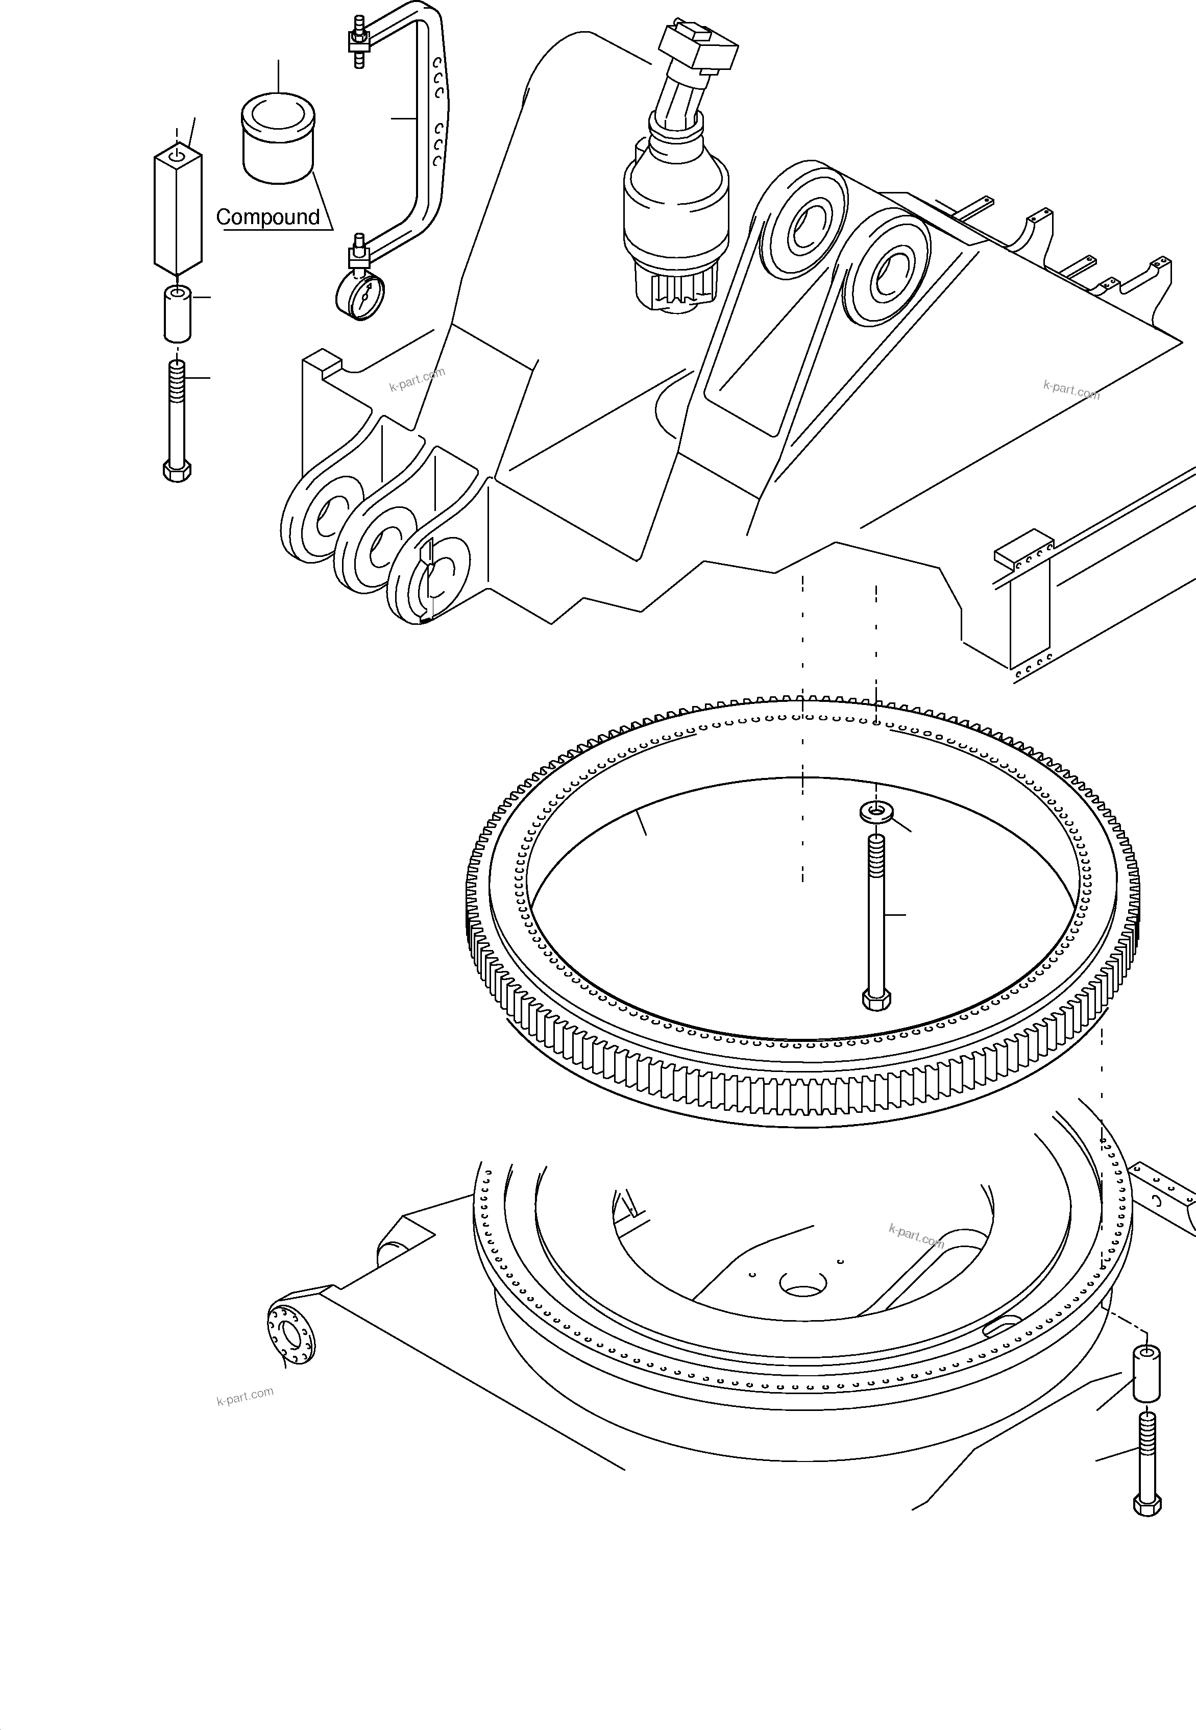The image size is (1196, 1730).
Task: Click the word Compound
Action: (x=267, y=217)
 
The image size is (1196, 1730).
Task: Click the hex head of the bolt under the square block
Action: (x=177, y=471)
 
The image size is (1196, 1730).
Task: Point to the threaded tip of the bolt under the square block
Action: (x=177, y=375)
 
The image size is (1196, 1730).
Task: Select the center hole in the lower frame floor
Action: (x=802, y=1283)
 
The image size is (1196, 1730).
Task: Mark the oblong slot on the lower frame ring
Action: (x=1002, y=1325)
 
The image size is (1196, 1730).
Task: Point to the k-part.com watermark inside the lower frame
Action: (x=916, y=1235)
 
